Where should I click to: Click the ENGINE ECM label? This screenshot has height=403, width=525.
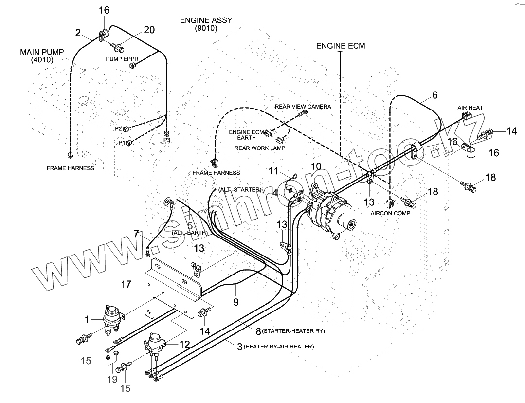point(340,46)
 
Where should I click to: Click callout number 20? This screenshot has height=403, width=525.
point(149,30)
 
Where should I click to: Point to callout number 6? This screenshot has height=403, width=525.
point(434,95)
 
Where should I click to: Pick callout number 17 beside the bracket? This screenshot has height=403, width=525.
point(126,284)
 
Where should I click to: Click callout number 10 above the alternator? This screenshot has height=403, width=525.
point(316,166)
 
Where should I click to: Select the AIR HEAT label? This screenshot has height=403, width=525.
point(470,108)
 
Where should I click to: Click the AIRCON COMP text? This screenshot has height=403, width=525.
point(390,213)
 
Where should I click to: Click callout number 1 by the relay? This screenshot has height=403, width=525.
point(88,319)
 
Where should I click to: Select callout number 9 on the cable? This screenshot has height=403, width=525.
point(236,302)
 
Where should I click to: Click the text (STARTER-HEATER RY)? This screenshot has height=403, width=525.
point(292,331)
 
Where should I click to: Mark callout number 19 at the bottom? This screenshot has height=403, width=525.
point(112,379)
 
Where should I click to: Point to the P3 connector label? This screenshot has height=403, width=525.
point(167,140)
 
